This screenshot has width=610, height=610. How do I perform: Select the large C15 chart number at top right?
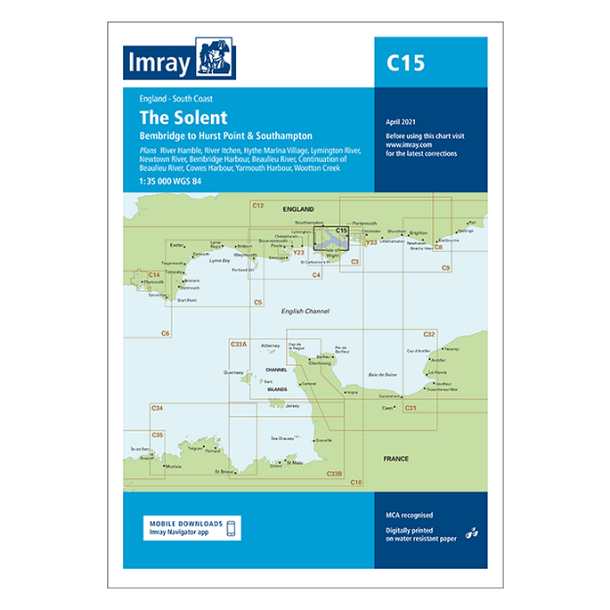pos(405,64)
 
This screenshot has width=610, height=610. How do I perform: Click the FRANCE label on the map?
pos(396,458)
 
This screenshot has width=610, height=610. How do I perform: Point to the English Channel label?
pos(305,311)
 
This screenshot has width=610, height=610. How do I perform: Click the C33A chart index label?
pos(238,344)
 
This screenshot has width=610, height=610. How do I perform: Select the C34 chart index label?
pos(156,407)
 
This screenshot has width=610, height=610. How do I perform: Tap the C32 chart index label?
pos(429,335)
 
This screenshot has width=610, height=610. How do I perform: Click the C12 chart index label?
pos(258,205)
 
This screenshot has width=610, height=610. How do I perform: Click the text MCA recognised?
pos(409,514)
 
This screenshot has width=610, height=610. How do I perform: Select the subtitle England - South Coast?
pos(176,99)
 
